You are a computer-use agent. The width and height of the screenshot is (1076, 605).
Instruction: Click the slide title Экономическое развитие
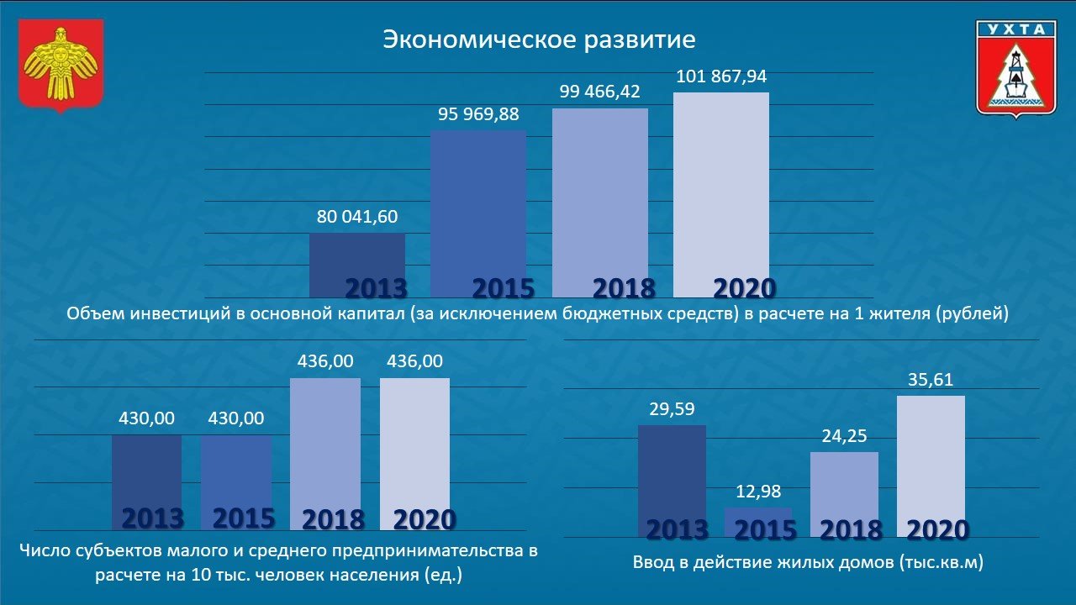[x=539, y=39]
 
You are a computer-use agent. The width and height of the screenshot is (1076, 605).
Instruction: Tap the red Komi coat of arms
[x=61, y=66]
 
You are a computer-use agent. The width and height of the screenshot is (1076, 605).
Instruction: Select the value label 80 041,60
[x=357, y=217]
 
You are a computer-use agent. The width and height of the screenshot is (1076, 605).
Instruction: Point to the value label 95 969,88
[x=478, y=114]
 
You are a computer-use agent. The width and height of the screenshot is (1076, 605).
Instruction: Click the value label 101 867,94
[x=721, y=76]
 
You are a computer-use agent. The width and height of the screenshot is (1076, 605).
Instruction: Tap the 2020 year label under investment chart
[x=744, y=288]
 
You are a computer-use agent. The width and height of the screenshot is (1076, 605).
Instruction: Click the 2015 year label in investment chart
[x=503, y=288]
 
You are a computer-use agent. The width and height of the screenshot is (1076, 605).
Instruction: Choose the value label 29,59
[x=672, y=409]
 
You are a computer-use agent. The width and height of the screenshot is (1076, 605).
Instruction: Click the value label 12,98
[x=758, y=492]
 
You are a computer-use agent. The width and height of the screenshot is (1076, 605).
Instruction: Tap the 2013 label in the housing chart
[x=678, y=529]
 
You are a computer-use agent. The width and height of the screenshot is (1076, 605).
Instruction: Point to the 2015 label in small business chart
[x=243, y=518]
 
